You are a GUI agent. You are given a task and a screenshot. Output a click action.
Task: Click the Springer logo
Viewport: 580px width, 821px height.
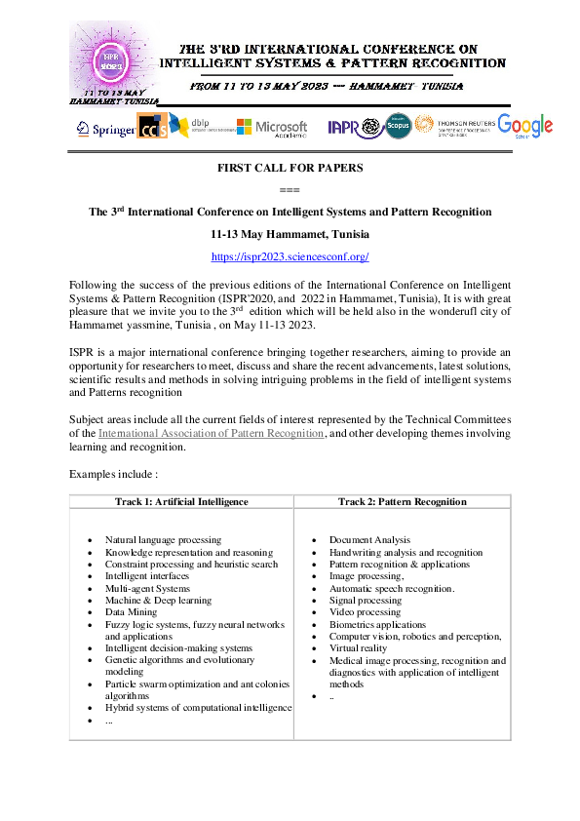click(106, 128)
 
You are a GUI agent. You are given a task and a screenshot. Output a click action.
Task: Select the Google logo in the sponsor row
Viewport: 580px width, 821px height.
click(524, 126)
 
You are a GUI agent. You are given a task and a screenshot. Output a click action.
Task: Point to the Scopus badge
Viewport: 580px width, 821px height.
click(397, 127)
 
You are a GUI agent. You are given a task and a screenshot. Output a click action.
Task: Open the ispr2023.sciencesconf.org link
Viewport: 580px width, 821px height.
click(290, 256)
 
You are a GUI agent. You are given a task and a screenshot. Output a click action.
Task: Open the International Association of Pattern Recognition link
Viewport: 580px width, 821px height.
click(212, 432)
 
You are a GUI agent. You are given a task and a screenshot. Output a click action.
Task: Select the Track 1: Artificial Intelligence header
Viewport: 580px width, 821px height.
click(180, 501)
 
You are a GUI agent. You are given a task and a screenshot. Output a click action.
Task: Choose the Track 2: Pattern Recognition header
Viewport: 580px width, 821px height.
click(402, 501)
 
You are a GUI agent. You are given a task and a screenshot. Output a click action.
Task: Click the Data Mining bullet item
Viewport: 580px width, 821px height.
click(130, 612)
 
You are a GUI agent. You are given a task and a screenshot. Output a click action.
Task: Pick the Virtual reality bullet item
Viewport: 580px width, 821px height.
click(358, 648)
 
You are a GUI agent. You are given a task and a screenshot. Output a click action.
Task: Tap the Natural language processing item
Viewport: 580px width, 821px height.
click(163, 539)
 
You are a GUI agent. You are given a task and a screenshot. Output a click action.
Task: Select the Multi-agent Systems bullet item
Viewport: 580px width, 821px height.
click(147, 588)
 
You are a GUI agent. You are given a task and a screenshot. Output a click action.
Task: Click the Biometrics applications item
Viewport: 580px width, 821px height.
click(377, 624)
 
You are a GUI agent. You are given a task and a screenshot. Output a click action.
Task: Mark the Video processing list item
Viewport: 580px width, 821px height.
click(364, 612)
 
